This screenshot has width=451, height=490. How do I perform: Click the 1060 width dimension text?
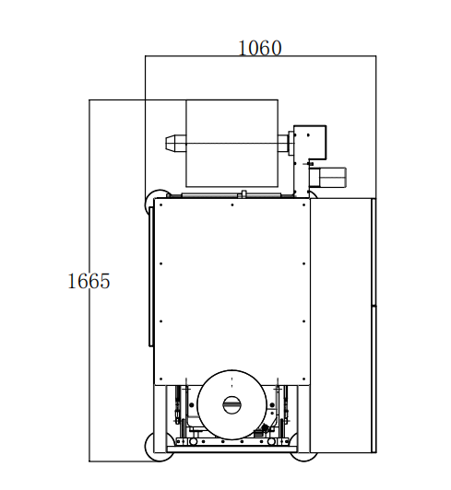(260, 48)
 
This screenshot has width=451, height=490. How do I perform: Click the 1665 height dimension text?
(89, 281)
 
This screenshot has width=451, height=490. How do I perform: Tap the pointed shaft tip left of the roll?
(170, 143)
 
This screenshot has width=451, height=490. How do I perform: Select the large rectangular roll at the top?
(231, 144)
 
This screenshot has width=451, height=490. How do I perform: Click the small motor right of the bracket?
(328, 177)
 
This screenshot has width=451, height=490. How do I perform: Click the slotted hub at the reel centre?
(231, 404)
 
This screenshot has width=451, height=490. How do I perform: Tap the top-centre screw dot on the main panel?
(231, 205)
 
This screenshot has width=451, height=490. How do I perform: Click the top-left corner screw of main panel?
(160, 205)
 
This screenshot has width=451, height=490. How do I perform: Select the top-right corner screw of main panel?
(303, 205)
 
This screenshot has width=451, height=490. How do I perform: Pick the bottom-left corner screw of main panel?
(160, 379)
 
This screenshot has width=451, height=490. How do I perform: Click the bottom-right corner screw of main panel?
(303, 379)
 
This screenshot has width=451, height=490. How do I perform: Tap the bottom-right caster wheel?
(303, 457)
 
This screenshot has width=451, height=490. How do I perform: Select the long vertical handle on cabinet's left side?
(151, 276)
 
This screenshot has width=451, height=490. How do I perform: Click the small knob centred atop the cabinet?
(243, 194)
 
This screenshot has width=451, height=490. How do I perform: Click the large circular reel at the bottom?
(231, 404)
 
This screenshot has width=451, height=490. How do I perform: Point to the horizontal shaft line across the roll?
(231, 144)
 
